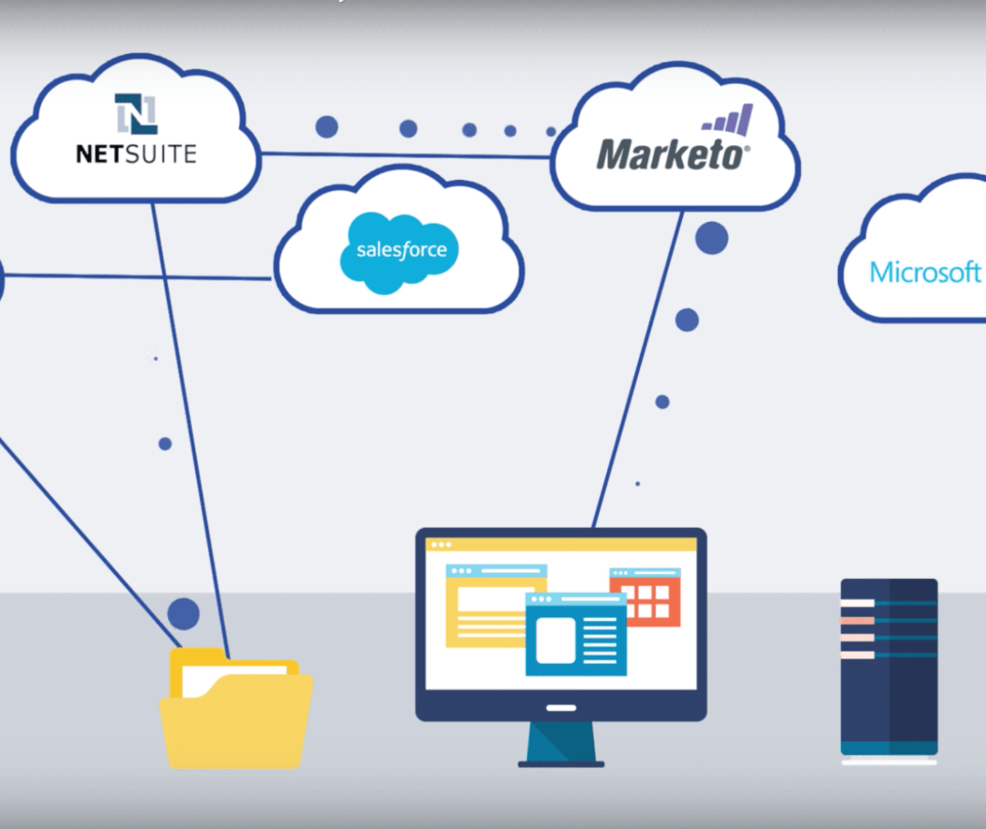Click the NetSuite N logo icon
pos(136,114)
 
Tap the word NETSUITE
pos(136,152)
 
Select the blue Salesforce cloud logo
pos(399,249)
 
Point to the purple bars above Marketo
pos(729,121)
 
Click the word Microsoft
pos(925,272)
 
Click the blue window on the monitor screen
pos(576,635)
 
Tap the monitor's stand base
pos(561,759)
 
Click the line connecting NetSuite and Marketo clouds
pos(406,155)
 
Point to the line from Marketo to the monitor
pos(639,365)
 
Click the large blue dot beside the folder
pos(184,614)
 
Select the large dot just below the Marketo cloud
pos(711,237)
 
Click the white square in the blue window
pos(555,640)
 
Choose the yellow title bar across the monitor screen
pos(561,544)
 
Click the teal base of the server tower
pos(888,748)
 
